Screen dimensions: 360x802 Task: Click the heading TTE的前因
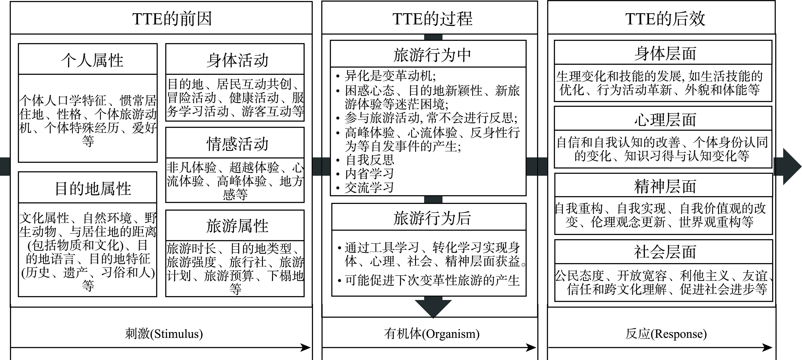(172, 19)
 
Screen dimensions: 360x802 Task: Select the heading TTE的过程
(432, 19)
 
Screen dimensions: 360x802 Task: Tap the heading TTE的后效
(665, 19)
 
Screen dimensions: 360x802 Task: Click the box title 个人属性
(92, 60)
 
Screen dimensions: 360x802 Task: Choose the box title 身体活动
(237, 60)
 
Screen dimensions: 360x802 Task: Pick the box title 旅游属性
(237, 226)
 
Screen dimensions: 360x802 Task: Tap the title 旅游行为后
(432, 218)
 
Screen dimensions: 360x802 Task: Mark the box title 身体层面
(665, 53)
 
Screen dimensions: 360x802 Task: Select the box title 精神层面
(665, 187)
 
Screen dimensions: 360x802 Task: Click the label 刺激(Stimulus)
(164, 334)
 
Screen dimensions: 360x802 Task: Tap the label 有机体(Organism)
(432, 334)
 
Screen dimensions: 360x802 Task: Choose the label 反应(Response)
(666, 334)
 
